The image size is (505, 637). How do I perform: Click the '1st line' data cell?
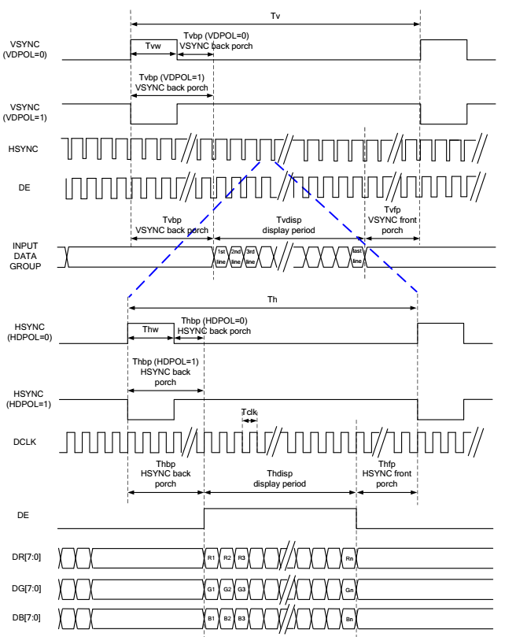(221, 257)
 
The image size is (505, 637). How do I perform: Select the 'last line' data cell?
(357, 257)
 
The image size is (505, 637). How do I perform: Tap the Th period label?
(272, 299)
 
